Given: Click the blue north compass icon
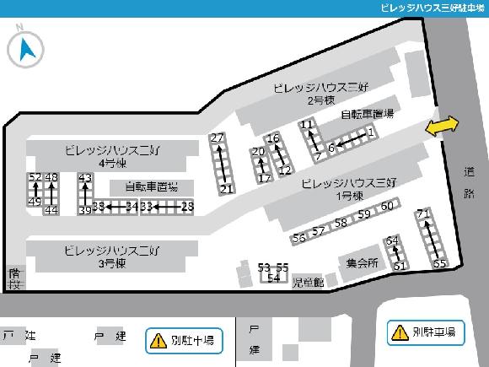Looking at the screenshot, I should click(25, 49).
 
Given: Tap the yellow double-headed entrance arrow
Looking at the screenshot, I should click(443, 126).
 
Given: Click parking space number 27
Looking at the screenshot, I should click(218, 138).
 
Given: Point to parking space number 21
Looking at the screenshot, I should click(226, 189).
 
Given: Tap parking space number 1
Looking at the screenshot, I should click(371, 132).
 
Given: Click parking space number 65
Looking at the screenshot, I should click(439, 263).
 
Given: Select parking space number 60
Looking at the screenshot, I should click(387, 206).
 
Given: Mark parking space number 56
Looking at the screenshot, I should click(298, 238).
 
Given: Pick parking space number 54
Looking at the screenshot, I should click(273, 277).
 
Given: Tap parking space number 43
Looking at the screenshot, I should click(84, 178).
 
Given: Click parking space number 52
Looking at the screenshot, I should click(35, 177).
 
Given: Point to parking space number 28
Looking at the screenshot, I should click(187, 206).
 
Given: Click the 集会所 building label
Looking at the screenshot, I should click(362, 262).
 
